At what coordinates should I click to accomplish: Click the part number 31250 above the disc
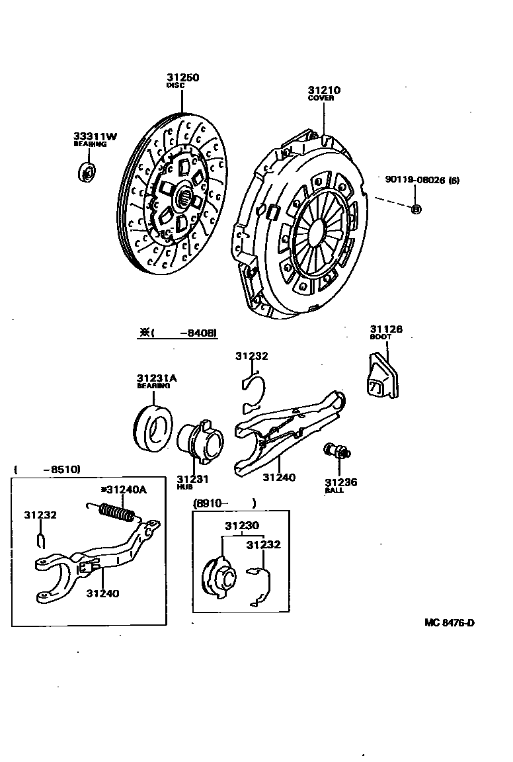click(182, 77)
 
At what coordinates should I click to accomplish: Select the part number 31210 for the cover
click(323, 90)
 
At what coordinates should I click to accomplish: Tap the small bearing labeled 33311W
click(86, 171)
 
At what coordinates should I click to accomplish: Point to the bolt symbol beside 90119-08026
click(416, 209)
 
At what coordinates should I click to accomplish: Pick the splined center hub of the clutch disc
click(186, 194)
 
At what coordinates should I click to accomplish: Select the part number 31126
click(386, 329)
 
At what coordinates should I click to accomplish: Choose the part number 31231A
click(157, 378)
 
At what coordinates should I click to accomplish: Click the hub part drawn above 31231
click(200, 442)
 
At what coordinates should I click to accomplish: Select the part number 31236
click(341, 482)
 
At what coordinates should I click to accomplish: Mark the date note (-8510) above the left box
click(47, 469)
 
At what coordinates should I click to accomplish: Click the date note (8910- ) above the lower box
click(224, 503)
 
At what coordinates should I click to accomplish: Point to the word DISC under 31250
click(175, 85)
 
